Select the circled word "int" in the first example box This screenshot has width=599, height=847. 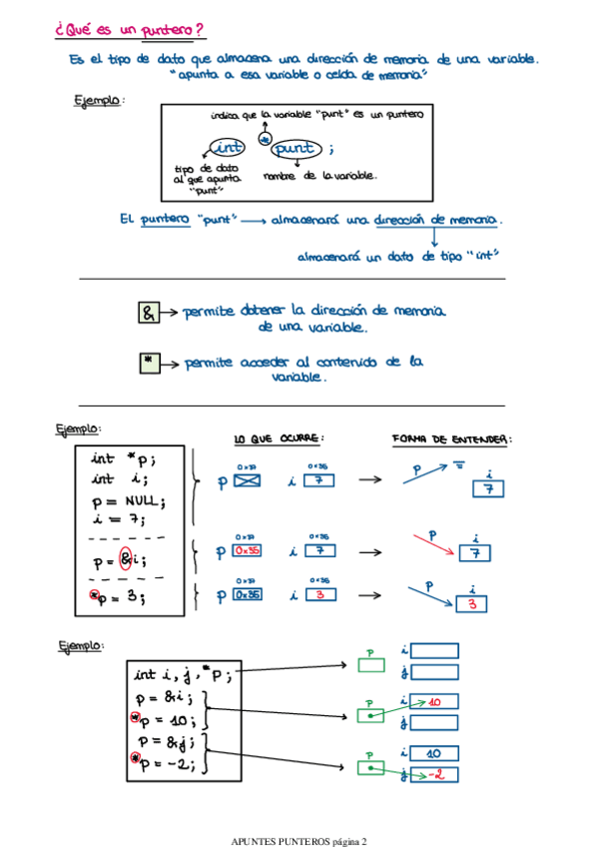point(228,149)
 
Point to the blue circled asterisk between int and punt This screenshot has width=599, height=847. point(264,141)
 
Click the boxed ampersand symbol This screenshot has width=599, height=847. point(148,314)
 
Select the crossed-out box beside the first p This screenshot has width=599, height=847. point(247,480)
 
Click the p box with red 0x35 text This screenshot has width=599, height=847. point(247,550)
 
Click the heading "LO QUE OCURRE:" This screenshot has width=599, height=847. point(279,438)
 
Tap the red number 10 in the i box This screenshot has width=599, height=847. point(434,702)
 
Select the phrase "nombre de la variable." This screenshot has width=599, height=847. point(319,176)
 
